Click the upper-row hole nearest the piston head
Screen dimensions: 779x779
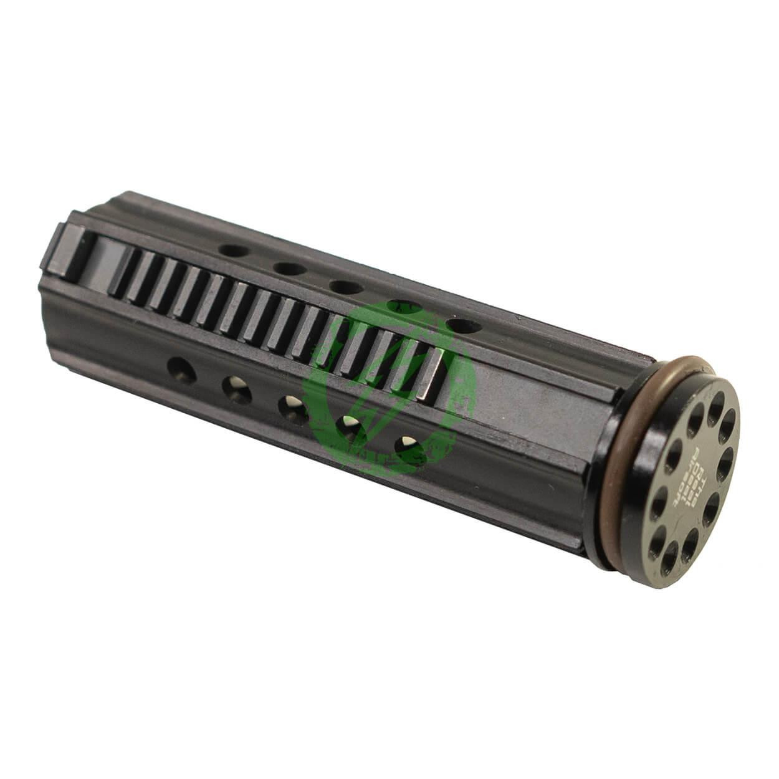click(x=466, y=325)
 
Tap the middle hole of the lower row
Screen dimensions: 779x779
click(x=292, y=408)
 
